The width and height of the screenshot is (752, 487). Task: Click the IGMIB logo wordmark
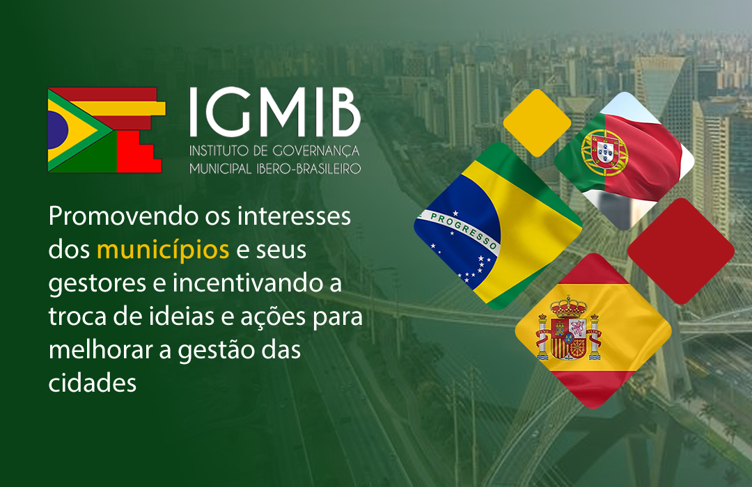click(275, 112)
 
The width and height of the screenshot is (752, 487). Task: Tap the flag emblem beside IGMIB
click(107, 130)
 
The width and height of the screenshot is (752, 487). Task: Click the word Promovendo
click(123, 216)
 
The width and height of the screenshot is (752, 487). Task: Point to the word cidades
click(93, 383)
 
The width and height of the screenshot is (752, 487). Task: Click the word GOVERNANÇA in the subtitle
click(316, 152)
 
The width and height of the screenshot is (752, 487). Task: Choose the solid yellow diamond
click(537, 122)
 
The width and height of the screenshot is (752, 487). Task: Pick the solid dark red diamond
click(680, 250)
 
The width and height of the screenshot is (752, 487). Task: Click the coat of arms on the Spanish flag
click(569, 328)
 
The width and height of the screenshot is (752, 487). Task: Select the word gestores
click(97, 284)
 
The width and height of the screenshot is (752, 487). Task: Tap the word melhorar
click(100, 349)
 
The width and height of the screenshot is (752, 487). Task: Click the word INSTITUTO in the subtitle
click(218, 151)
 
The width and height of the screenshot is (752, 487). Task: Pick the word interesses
click(294, 216)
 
